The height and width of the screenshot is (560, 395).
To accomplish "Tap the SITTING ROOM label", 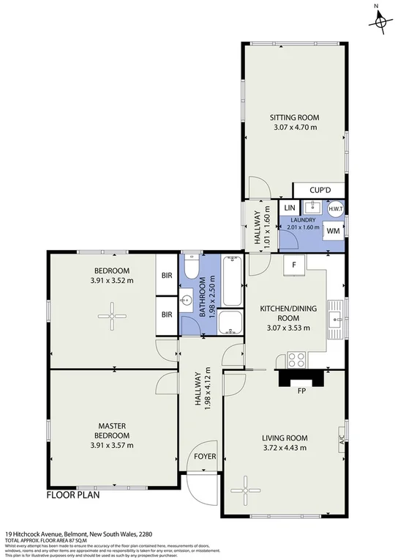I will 294,117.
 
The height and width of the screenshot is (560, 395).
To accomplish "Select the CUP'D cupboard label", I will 320,191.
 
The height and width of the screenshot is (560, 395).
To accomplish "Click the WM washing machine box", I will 334,231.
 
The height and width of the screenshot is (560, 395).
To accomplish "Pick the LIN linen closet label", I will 288,208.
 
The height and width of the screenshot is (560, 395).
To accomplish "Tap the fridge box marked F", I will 293,265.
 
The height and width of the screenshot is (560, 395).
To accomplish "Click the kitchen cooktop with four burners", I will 297,359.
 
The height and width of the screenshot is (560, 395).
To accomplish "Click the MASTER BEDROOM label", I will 113,430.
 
